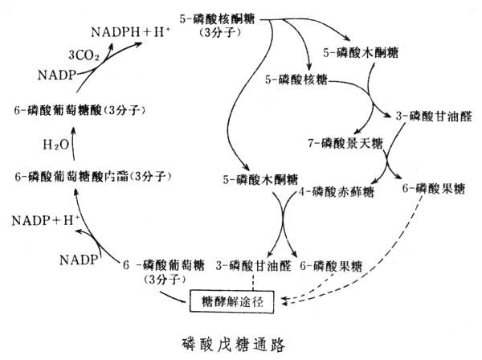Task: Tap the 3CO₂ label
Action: coord(84,55)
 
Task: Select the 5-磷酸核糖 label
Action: coord(296,80)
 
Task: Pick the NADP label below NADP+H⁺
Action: coord(77,258)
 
